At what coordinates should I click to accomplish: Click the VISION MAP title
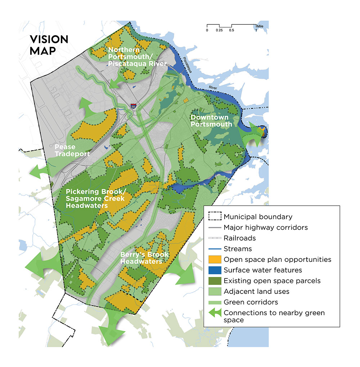click(x=49, y=45)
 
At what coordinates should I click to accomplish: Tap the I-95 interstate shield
click(x=133, y=107)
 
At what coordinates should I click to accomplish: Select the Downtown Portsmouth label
click(x=211, y=121)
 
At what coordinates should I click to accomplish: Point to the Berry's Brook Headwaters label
click(x=141, y=258)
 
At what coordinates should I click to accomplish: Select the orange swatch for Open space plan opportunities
click(x=215, y=259)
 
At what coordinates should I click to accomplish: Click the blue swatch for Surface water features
click(x=215, y=270)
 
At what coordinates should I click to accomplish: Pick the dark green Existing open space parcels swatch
click(x=215, y=281)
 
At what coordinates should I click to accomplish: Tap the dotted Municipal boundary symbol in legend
click(x=215, y=217)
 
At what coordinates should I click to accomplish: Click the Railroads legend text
click(x=240, y=238)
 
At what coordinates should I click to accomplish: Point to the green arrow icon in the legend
click(x=215, y=313)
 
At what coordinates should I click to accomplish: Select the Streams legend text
click(x=238, y=249)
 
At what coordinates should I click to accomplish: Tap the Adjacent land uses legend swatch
click(x=215, y=291)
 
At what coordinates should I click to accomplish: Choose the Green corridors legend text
click(x=251, y=302)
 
